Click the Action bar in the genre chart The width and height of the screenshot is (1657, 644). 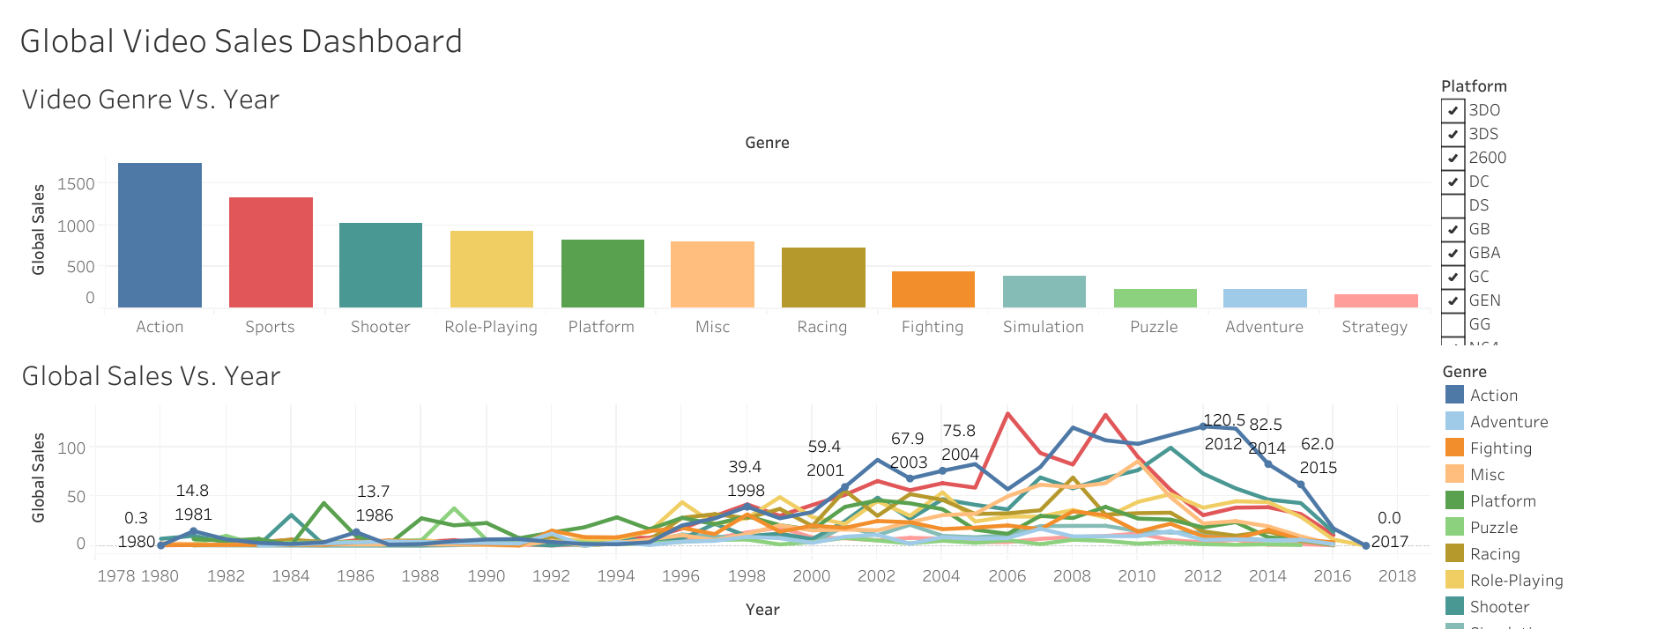tap(160, 235)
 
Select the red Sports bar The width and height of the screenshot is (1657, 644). tap(271, 252)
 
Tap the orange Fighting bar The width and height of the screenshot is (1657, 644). tap(933, 289)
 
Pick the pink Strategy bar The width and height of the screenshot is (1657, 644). tap(1375, 300)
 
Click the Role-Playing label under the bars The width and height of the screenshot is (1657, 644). tap(491, 327)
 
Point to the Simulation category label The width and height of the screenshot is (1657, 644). tap(1044, 327)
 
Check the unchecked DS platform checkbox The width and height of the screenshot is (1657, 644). tap(1453, 206)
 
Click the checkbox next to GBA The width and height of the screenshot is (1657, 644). tap(1453, 254)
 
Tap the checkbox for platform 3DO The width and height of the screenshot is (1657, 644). tap(1453, 111)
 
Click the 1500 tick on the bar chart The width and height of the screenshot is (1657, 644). tap(76, 184)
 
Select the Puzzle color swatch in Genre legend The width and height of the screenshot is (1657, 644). tap(1454, 527)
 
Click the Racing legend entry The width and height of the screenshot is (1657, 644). tap(1495, 554)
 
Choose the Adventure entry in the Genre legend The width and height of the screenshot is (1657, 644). tap(1508, 422)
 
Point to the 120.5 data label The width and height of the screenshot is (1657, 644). tap(1223, 421)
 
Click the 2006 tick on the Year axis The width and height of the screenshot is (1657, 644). tap(1007, 576)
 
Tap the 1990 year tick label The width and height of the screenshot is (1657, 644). tap(486, 576)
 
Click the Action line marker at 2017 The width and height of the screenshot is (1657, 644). tap(1365, 545)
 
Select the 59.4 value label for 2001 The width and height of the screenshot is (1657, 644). tap(824, 448)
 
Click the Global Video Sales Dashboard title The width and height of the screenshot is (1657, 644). tap(241, 41)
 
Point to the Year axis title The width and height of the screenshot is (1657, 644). tap(762, 610)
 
